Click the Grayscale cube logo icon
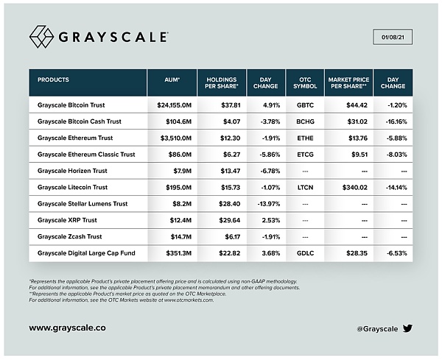(x=41, y=36)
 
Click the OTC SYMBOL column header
(x=305, y=82)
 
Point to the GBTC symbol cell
(x=305, y=105)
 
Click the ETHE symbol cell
(x=305, y=138)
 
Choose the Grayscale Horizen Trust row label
(x=77, y=171)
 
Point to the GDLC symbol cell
(x=305, y=253)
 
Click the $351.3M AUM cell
(x=174, y=253)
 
